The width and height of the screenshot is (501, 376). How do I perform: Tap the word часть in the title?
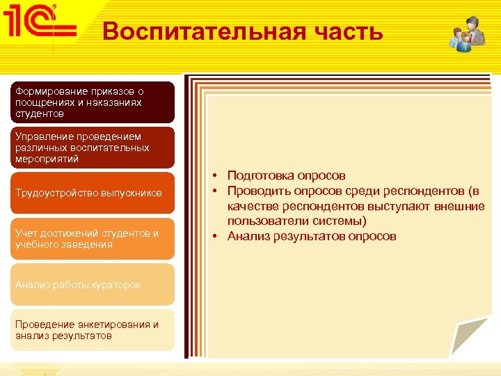[351, 31]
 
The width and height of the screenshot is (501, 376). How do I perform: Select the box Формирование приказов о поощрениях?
[92, 102]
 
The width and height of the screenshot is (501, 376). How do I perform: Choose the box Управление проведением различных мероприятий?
[92, 148]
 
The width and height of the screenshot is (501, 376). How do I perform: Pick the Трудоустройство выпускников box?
[92, 193]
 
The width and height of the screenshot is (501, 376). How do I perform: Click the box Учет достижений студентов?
[92, 239]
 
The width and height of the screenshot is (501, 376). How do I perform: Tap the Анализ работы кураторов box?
[92, 284]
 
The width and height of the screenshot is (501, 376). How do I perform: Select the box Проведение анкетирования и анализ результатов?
[92, 330]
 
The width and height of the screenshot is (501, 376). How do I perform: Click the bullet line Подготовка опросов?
[286, 175]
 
